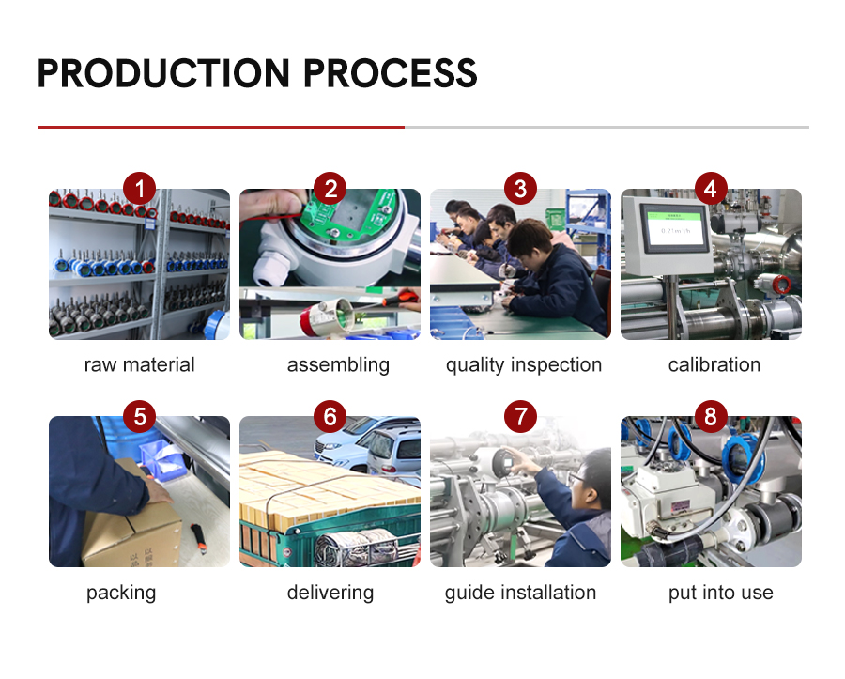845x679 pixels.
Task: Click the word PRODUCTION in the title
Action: coord(163,73)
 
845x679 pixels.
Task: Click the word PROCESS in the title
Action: coord(391,73)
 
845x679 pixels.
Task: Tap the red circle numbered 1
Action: coord(140,189)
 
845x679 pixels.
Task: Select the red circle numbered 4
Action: coord(711,189)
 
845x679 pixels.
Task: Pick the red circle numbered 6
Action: coord(330,417)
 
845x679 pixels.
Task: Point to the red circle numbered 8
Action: coord(711,417)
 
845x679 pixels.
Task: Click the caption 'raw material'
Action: coord(140,364)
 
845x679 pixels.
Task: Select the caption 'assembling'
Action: coord(338,365)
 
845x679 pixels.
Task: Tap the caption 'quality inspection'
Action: coord(523,365)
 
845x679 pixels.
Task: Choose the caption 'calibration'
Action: coord(714,364)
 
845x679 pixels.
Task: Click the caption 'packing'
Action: coord(121,593)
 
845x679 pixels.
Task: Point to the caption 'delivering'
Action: coord(330,593)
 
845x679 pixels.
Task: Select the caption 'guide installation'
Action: coord(520,593)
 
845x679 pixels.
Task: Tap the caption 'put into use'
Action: coord(720,593)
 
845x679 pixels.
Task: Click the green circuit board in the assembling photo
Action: coord(350,216)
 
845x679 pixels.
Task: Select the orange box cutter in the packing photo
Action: coord(199,538)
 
